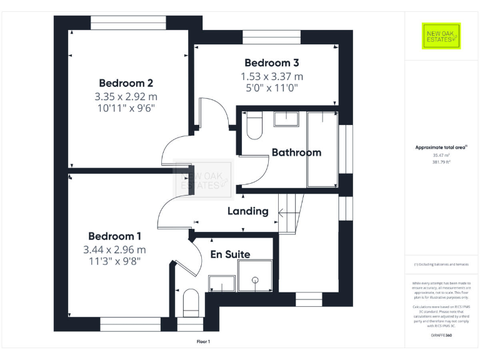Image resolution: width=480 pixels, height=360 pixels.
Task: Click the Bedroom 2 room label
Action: click(x=126, y=83)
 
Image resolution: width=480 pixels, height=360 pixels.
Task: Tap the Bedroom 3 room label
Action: click(x=271, y=62)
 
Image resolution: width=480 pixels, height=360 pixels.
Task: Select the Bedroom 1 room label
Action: click(x=114, y=236)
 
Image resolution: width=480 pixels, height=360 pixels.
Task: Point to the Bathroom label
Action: click(x=296, y=152)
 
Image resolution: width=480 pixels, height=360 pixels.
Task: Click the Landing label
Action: click(x=247, y=211)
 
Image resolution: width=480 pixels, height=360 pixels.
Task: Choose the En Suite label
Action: click(x=230, y=254)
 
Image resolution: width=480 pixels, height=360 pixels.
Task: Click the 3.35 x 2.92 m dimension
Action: click(x=126, y=97)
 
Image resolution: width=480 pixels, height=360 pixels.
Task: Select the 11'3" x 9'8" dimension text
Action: click(x=114, y=261)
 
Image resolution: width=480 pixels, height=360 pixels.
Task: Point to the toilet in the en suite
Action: click(x=191, y=303)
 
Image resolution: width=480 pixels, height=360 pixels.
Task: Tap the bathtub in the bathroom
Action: click(x=322, y=149)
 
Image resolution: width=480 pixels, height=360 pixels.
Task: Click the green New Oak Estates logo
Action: click(x=441, y=36)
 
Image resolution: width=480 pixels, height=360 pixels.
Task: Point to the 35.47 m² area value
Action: click(x=441, y=154)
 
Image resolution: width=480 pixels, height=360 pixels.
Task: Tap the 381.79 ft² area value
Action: click(x=441, y=161)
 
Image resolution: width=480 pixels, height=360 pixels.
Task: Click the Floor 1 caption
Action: click(x=204, y=341)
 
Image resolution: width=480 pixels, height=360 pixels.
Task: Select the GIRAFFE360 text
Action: click(x=441, y=336)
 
